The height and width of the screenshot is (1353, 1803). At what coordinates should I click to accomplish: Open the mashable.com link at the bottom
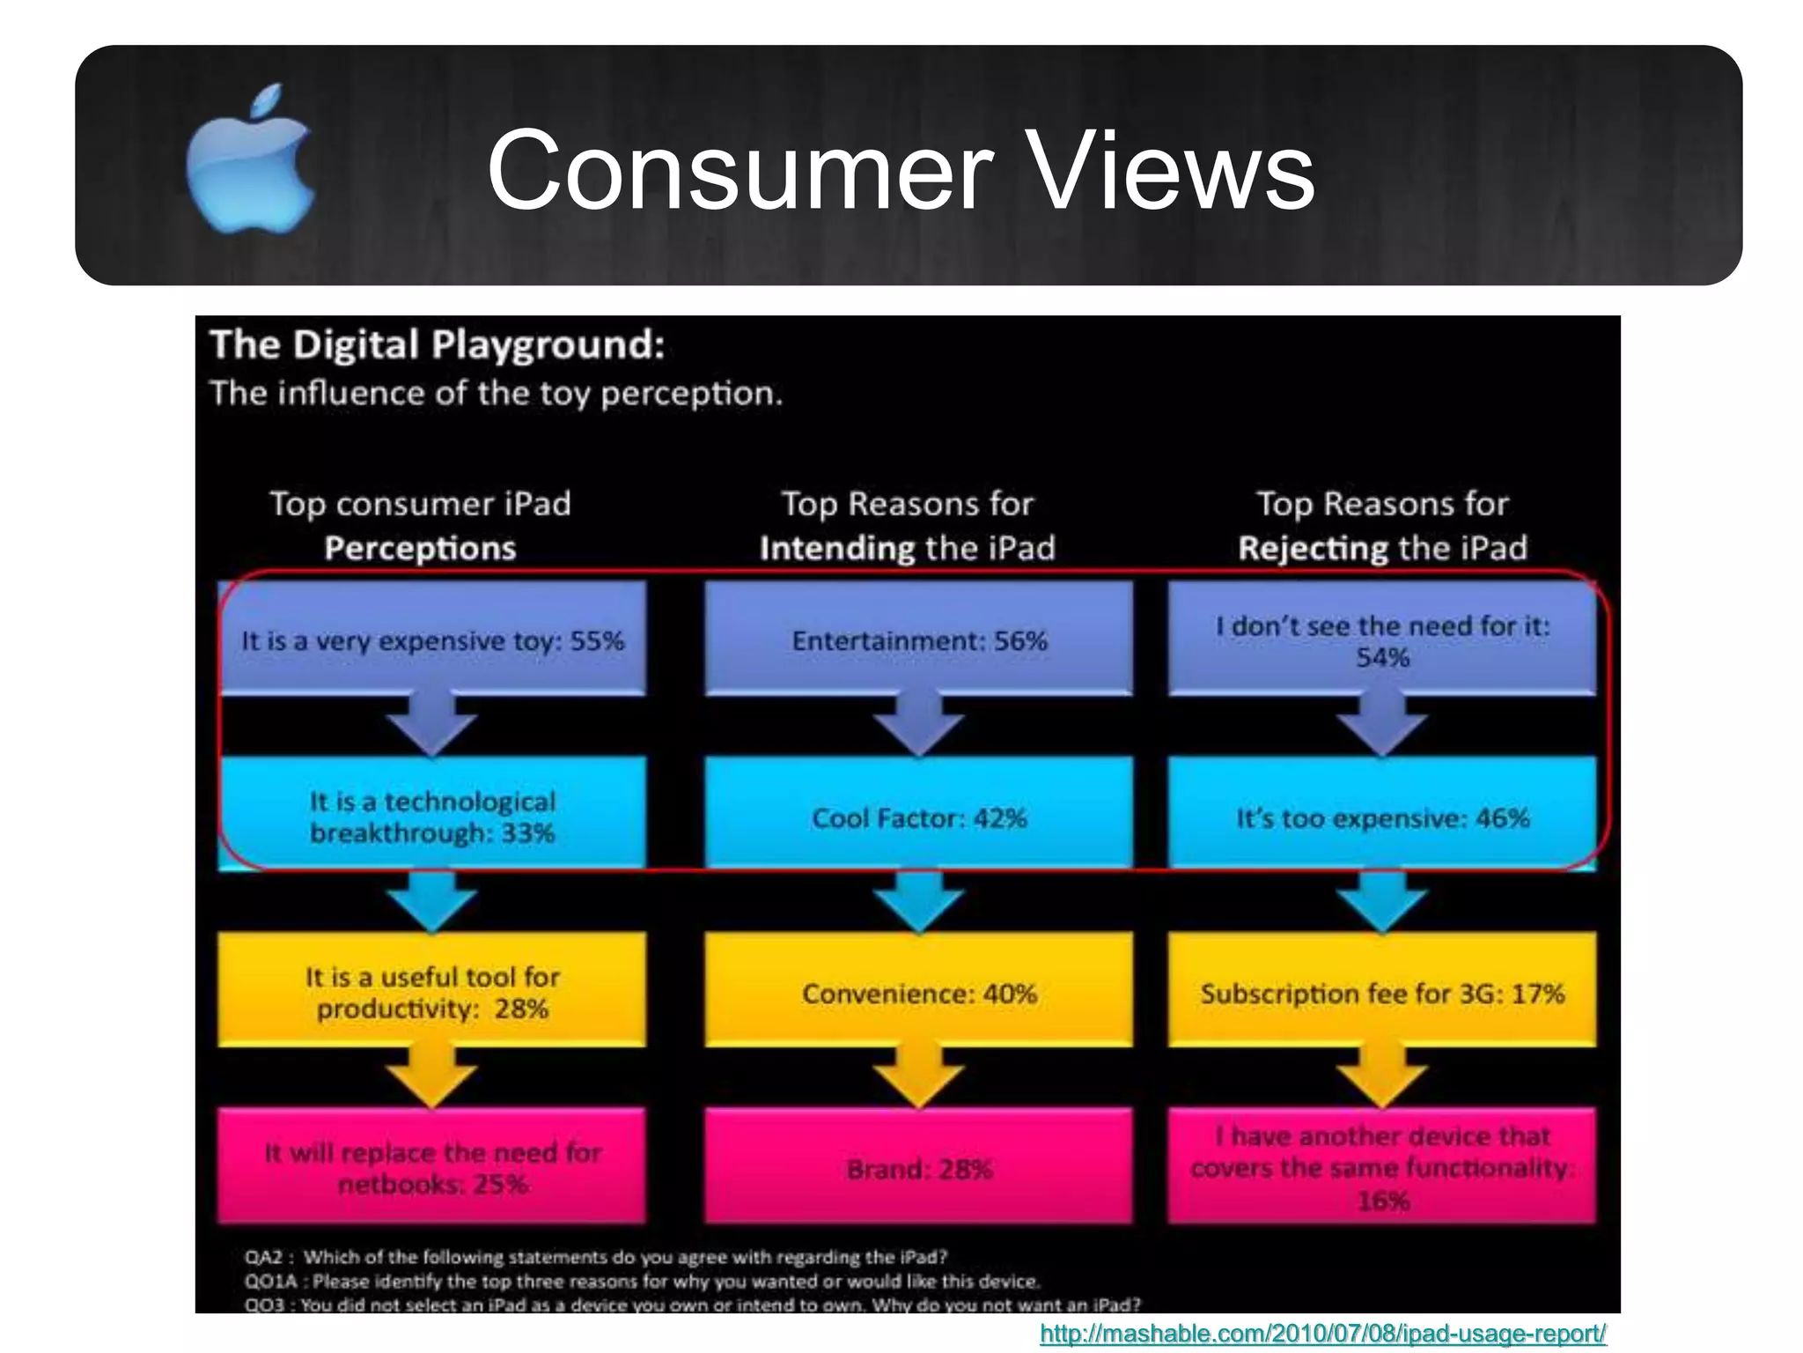pyautogui.click(x=1322, y=1334)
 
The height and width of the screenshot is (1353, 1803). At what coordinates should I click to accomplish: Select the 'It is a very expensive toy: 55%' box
pyautogui.click(x=432, y=639)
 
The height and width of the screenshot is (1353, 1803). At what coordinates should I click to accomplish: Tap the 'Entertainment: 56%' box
pyautogui.click(x=919, y=639)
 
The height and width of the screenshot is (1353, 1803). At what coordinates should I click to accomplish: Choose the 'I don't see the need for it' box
pyautogui.click(x=1382, y=639)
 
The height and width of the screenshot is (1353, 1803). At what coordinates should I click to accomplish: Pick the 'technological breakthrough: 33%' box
pyautogui.click(x=432, y=815)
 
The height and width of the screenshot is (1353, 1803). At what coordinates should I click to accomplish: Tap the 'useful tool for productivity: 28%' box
pyautogui.click(x=432, y=991)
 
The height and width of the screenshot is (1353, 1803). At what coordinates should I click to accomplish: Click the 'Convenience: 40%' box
pyautogui.click(x=919, y=991)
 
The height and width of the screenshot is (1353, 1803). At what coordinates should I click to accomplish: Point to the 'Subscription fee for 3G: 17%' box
pyautogui.click(x=1382, y=991)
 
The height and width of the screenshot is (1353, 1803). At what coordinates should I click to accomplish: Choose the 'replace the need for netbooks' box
pyautogui.click(x=432, y=1166)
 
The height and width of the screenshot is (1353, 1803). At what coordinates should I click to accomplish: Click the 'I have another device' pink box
pyautogui.click(x=1382, y=1166)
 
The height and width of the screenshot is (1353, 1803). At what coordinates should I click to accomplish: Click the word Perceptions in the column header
pyautogui.click(x=420, y=548)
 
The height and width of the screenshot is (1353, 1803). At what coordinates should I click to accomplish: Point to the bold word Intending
pyautogui.click(x=836, y=548)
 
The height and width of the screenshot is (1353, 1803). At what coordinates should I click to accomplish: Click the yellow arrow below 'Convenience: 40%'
pyautogui.click(x=919, y=1076)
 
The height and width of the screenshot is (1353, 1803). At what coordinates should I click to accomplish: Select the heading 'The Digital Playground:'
pyautogui.click(x=438, y=344)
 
